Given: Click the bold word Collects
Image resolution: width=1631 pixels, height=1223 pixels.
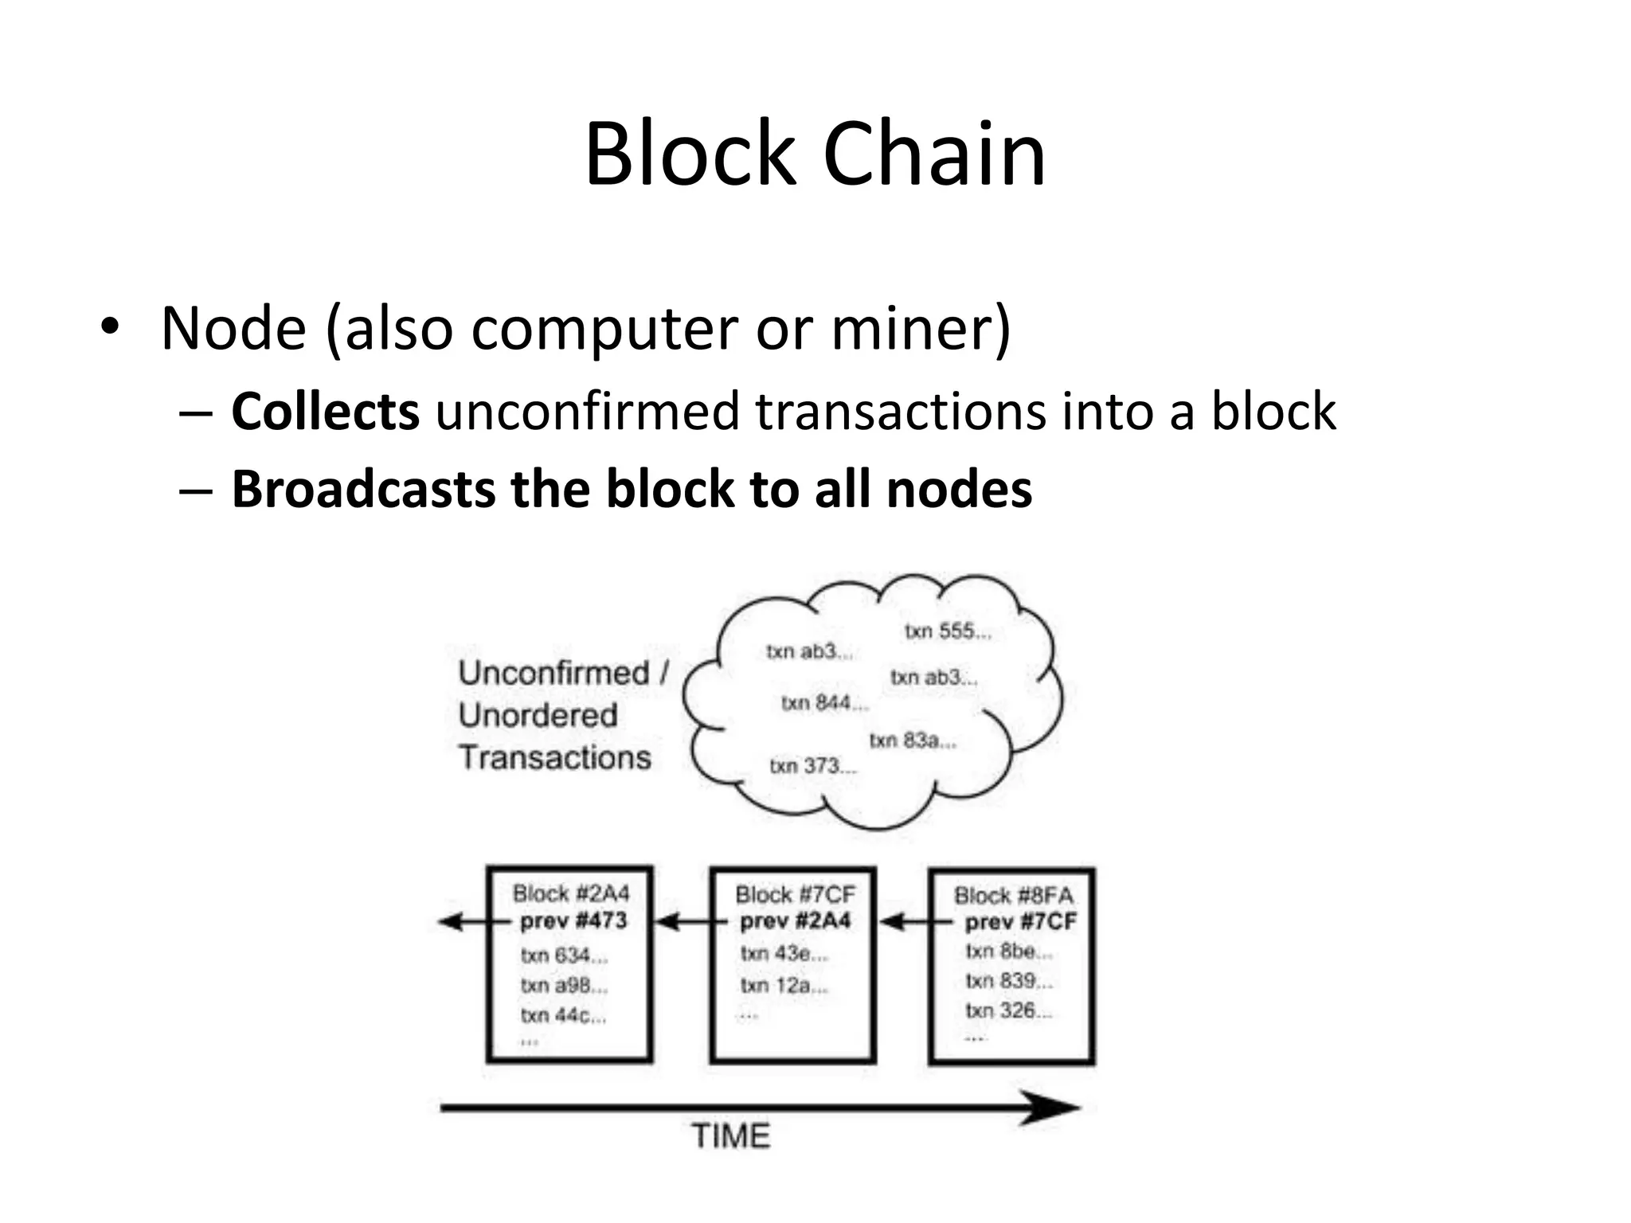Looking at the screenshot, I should coord(325,412).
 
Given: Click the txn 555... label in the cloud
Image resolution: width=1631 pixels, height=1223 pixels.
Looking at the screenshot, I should coord(948,631).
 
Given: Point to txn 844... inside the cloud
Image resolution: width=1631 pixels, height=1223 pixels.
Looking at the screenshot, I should coord(824,703).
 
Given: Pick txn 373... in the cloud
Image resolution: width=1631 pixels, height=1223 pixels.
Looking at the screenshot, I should coord(812,766).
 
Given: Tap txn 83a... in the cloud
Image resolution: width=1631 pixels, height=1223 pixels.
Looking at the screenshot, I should coord(912,740).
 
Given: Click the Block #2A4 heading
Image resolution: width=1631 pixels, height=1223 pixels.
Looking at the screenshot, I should coord(571,893).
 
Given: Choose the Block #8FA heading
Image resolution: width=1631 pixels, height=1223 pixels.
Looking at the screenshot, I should coord(1013,896).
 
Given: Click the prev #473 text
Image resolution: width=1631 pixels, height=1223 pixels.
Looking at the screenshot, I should coord(573,921).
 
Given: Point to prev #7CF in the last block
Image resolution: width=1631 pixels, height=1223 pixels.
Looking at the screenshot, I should coord(1020,922).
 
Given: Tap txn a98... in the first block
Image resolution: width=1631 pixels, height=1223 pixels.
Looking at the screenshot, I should coord(564,986).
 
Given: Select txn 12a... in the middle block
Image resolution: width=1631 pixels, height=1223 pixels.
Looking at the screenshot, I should coord(784,986).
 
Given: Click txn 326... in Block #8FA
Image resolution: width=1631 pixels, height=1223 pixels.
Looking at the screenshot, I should coord(1008,1010).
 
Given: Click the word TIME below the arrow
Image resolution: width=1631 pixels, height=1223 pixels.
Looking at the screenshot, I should coord(730,1136).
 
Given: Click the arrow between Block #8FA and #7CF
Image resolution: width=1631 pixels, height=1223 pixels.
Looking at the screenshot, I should coord(905,922).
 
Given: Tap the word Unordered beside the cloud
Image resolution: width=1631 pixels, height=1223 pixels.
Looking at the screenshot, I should coord(538,715).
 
